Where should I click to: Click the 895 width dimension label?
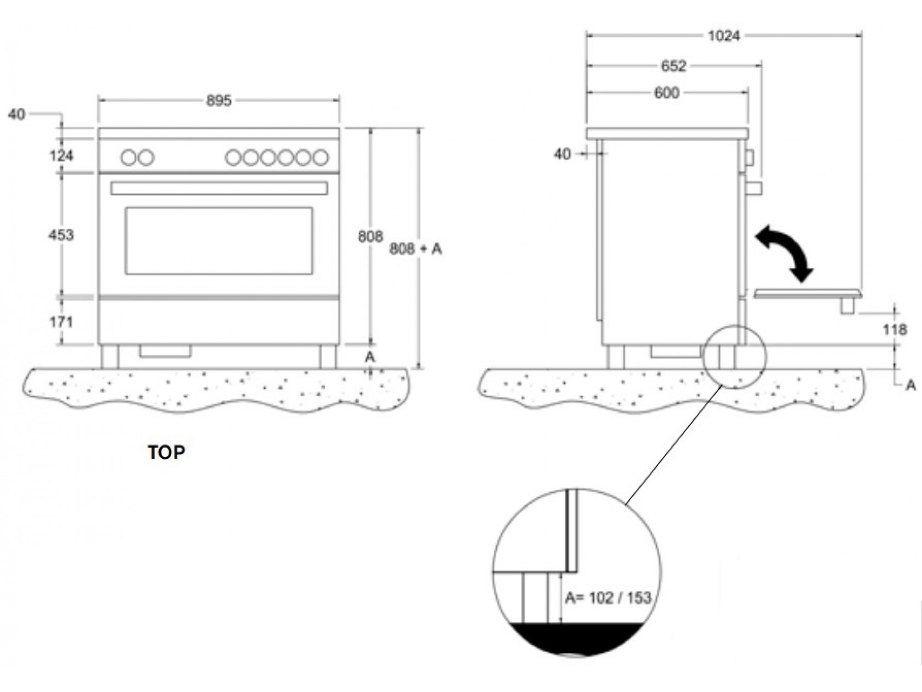pyautogui.click(x=219, y=101)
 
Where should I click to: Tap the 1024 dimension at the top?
pyautogui.click(x=723, y=36)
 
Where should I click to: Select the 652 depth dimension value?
pyautogui.click(x=673, y=66)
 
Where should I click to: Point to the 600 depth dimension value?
pyautogui.click(x=666, y=93)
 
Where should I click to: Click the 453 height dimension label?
pyautogui.click(x=61, y=235)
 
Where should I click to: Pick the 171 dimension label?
pyautogui.click(x=61, y=322)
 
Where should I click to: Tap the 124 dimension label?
pyautogui.click(x=61, y=156)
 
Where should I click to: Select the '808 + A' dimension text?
pyautogui.click(x=415, y=249)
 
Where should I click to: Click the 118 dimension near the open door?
pyautogui.click(x=895, y=330)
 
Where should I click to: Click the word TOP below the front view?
pyautogui.click(x=166, y=453)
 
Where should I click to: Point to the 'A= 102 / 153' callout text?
pyautogui.click(x=608, y=598)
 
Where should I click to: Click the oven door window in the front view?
pyautogui.click(x=218, y=241)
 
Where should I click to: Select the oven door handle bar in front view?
pyautogui.click(x=218, y=188)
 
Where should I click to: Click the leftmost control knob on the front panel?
pyautogui.click(x=128, y=158)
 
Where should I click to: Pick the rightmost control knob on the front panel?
pyautogui.click(x=321, y=158)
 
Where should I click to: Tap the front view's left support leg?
pyautogui.click(x=109, y=357)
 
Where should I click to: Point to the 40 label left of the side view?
pyautogui.click(x=562, y=154)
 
